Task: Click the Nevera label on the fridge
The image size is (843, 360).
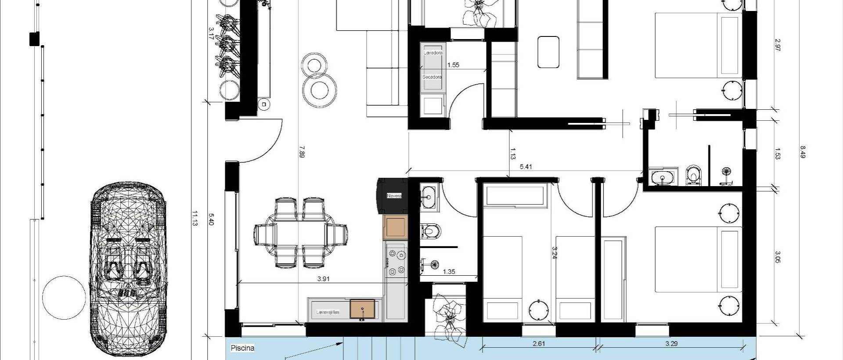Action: click(394, 195)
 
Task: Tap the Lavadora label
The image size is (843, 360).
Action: click(433, 53)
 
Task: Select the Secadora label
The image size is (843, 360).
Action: click(432, 77)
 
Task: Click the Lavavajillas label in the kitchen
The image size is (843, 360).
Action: click(328, 312)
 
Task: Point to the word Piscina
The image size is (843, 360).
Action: click(242, 348)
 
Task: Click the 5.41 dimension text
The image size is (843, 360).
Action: click(526, 166)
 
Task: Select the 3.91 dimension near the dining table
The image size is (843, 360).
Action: click(323, 279)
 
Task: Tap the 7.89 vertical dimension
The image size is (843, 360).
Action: click(302, 151)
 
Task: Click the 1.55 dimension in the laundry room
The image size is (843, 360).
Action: click(453, 65)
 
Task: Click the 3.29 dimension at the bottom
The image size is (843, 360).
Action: click(671, 344)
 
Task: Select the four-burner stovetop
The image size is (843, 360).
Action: click(396, 263)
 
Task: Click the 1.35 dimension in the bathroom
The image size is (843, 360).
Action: click(449, 272)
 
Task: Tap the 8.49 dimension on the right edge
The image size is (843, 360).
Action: click(803, 152)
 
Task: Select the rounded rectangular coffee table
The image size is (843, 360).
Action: click(548, 52)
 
